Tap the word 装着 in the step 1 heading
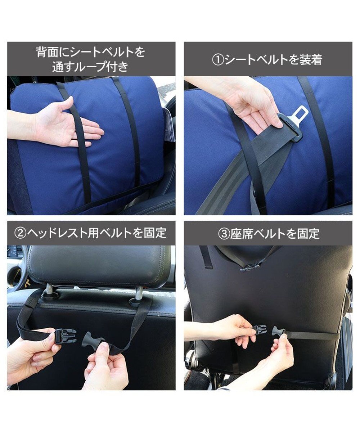coord(310,59)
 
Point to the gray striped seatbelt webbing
coord(230,187)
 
